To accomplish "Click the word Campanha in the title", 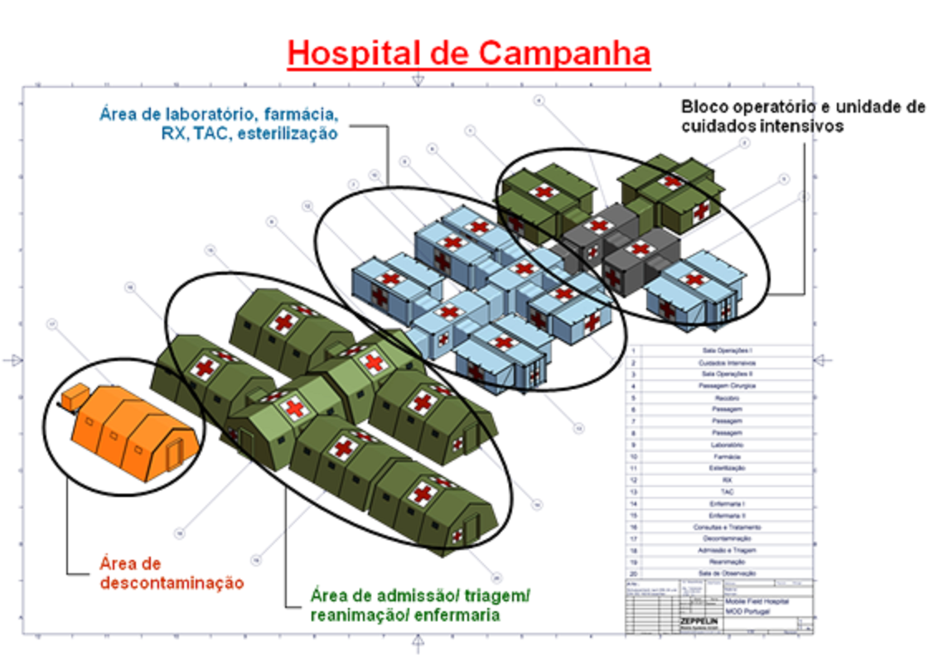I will (564, 53).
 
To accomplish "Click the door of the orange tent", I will (174, 453).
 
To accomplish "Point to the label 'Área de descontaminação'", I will (172, 572).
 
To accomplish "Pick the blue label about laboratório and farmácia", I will (219, 123).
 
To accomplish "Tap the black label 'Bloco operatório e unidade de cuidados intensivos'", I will (802, 116).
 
